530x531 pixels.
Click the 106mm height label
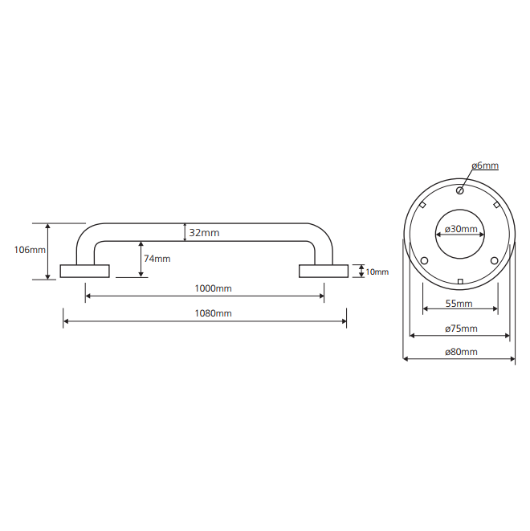(x=30, y=250)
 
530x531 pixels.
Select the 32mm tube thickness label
(x=204, y=233)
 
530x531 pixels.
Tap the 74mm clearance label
(x=157, y=259)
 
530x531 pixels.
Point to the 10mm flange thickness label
(x=377, y=272)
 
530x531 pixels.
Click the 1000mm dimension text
(x=214, y=288)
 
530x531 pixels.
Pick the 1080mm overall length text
(x=214, y=313)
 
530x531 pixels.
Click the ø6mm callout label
(x=485, y=165)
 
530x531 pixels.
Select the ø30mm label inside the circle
(x=461, y=229)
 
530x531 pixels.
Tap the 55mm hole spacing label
(x=459, y=304)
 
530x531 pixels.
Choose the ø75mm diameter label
(x=461, y=328)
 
